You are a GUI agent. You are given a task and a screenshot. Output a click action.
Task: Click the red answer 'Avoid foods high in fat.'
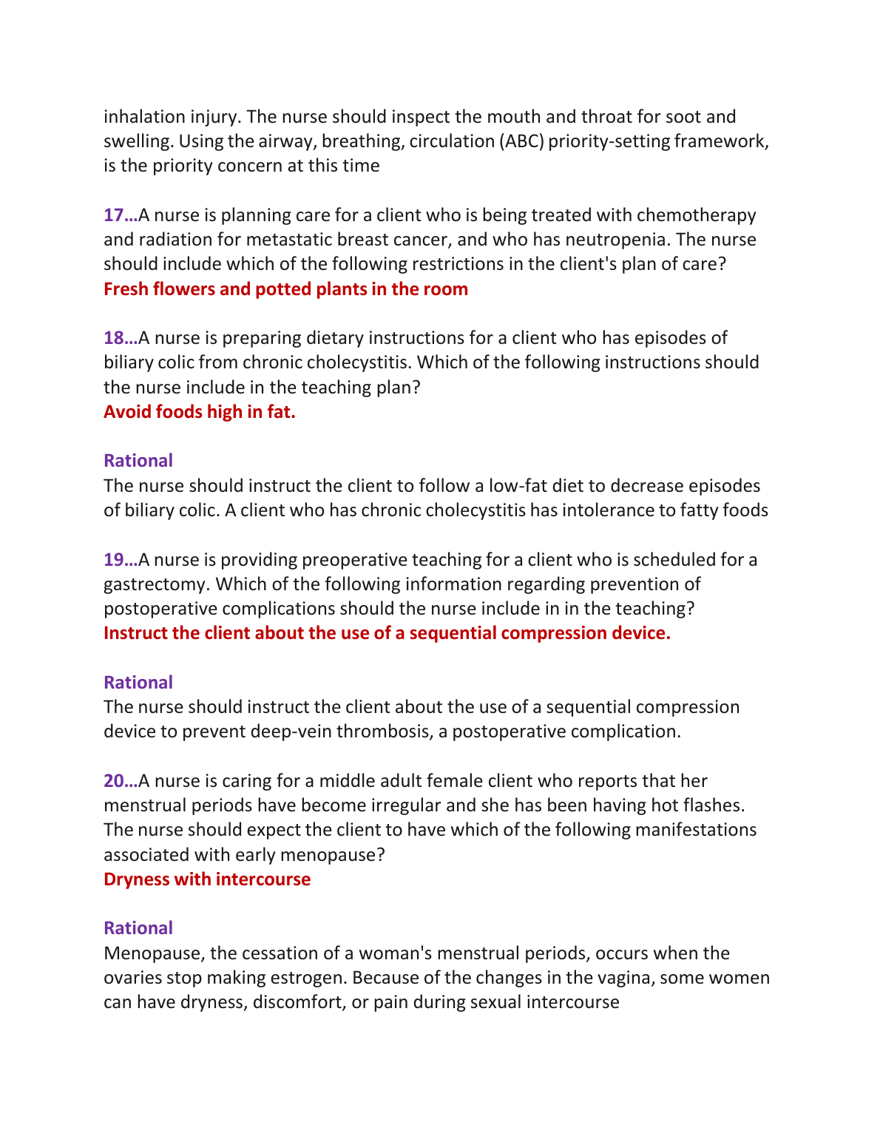[200, 412]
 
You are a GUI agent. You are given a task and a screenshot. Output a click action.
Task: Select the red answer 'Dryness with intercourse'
[207, 879]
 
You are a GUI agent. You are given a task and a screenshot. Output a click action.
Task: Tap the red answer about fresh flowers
[285, 289]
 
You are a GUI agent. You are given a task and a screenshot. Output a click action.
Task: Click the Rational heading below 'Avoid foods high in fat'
[138, 461]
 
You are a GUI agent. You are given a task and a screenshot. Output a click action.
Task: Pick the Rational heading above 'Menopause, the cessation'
[138, 928]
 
